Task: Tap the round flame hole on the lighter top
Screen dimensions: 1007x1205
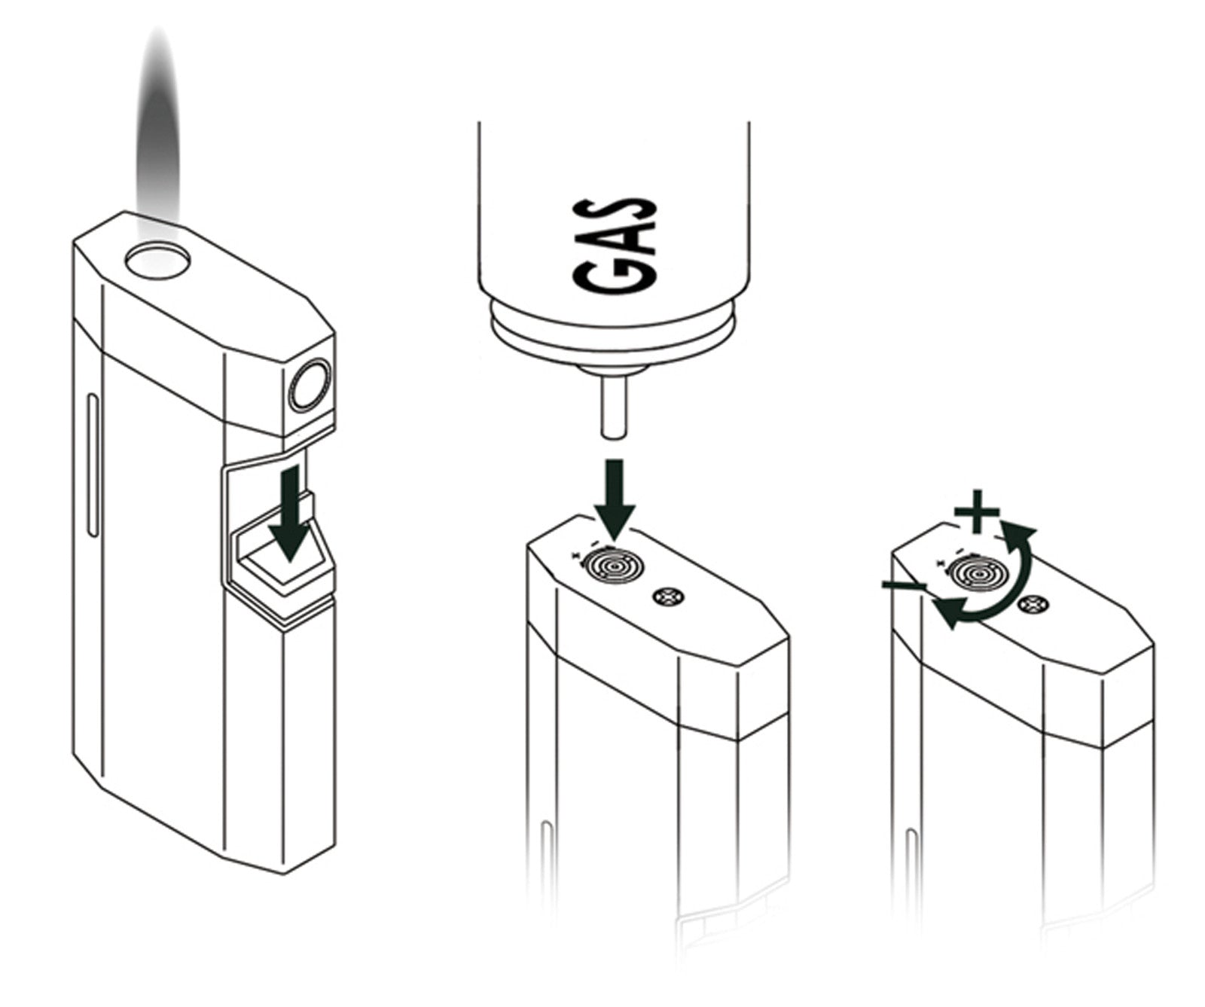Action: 157,263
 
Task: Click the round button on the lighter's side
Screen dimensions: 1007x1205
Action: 309,386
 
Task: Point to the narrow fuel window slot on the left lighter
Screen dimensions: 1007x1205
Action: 92,463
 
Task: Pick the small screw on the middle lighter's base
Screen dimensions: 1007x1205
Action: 667,597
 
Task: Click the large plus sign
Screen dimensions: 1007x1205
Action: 977,516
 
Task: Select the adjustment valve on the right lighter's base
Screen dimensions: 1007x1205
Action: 975,575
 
